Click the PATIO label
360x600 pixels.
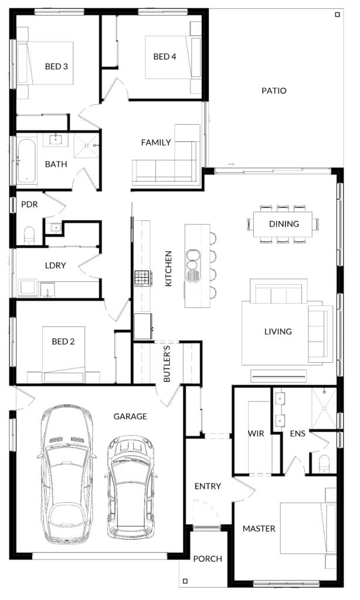pos(274,91)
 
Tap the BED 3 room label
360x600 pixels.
pos(56,66)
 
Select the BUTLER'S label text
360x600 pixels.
pos(167,364)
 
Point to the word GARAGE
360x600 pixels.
pos(130,416)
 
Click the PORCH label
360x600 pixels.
pos(208,558)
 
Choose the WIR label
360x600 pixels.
pos(256,434)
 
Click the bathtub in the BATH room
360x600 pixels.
pos(26,161)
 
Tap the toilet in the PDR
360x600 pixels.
pos(29,236)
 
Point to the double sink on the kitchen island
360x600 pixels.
pos(193,265)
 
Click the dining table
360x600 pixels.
pos(283,224)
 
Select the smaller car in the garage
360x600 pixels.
pos(131,487)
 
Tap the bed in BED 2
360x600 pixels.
pos(63,354)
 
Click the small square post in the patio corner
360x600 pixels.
pos(337,15)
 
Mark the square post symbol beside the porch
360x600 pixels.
pos(185,581)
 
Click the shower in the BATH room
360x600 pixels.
pos(87,145)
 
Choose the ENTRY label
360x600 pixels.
pos(208,486)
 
